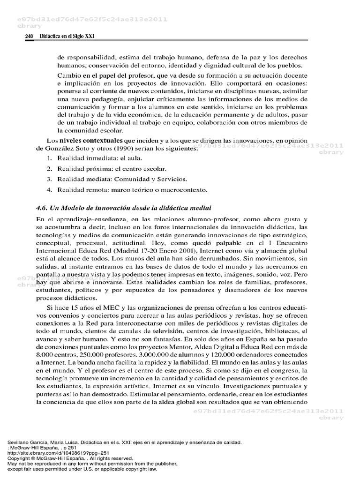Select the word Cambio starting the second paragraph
(69, 76)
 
